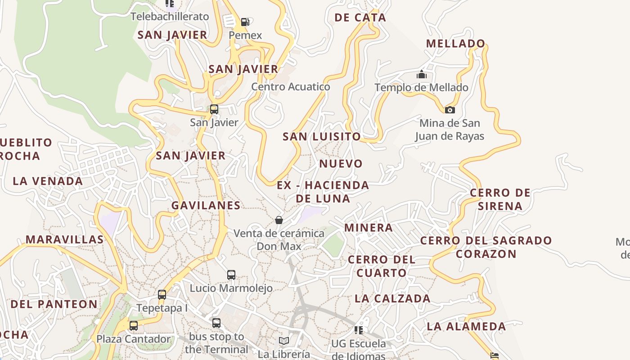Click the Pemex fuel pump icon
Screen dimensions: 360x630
pyautogui.click(x=245, y=22)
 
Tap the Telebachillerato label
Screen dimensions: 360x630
pyautogui.click(x=170, y=17)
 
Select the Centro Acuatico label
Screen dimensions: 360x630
pyautogui.click(x=290, y=87)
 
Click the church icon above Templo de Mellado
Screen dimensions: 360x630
pyautogui.click(x=421, y=74)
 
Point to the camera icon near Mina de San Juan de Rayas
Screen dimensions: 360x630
pyautogui.click(x=450, y=110)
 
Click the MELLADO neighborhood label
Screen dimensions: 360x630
pyautogui.click(x=455, y=44)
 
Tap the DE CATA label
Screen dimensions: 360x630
pyautogui.click(x=360, y=18)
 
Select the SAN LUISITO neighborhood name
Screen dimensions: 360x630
pyautogui.click(x=321, y=136)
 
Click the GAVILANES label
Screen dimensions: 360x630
pyautogui.click(x=206, y=205)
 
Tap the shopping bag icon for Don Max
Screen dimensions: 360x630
pyautogui.click(x=279, y=220)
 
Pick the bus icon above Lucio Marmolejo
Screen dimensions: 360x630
pyautogui.click(x=231, y=274)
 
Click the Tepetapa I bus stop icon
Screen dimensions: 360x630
pyautogui.click(x=162, y=295)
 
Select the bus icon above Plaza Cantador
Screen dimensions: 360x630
pyautogui.click(x=134, y=325)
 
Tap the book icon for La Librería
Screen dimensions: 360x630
pyautogui.click(x=283, y=341)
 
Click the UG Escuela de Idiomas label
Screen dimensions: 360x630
pyautogui.click(x=359, y=350)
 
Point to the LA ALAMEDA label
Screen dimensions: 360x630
pyautogui.click(x=466, y=326)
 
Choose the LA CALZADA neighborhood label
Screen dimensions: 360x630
pyautogui.click(x=392, y=298)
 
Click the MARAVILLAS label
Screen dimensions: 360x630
pyautogui.click(x=64, y=239)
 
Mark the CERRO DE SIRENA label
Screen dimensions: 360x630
pyautogui.click(x=500, y=199)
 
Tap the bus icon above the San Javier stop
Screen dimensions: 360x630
pyautogui.click(x=214, y=109)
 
